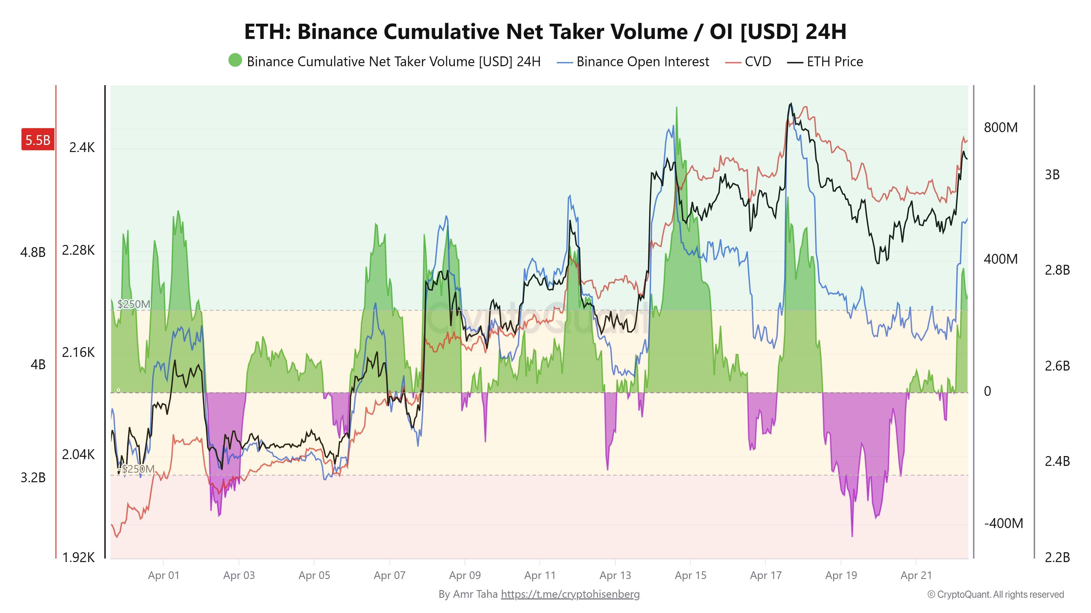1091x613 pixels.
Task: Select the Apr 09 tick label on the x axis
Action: [x=464, y=575]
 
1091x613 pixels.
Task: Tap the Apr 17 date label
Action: [x=765, y=575]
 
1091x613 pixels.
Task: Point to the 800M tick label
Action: [x=1000, y=127]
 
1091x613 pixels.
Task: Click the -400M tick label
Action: [x=1003, y=523]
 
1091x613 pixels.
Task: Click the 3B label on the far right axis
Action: [x=1052, y=174]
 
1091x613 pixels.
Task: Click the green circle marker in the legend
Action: [x=235, y=60]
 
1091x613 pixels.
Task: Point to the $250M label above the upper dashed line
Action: [x=134, y=304]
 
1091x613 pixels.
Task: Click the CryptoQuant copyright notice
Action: [x=995, y=594]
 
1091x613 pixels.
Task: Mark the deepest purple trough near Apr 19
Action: [x=852, y=536]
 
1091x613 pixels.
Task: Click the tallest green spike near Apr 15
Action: [x=676, y=108]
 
